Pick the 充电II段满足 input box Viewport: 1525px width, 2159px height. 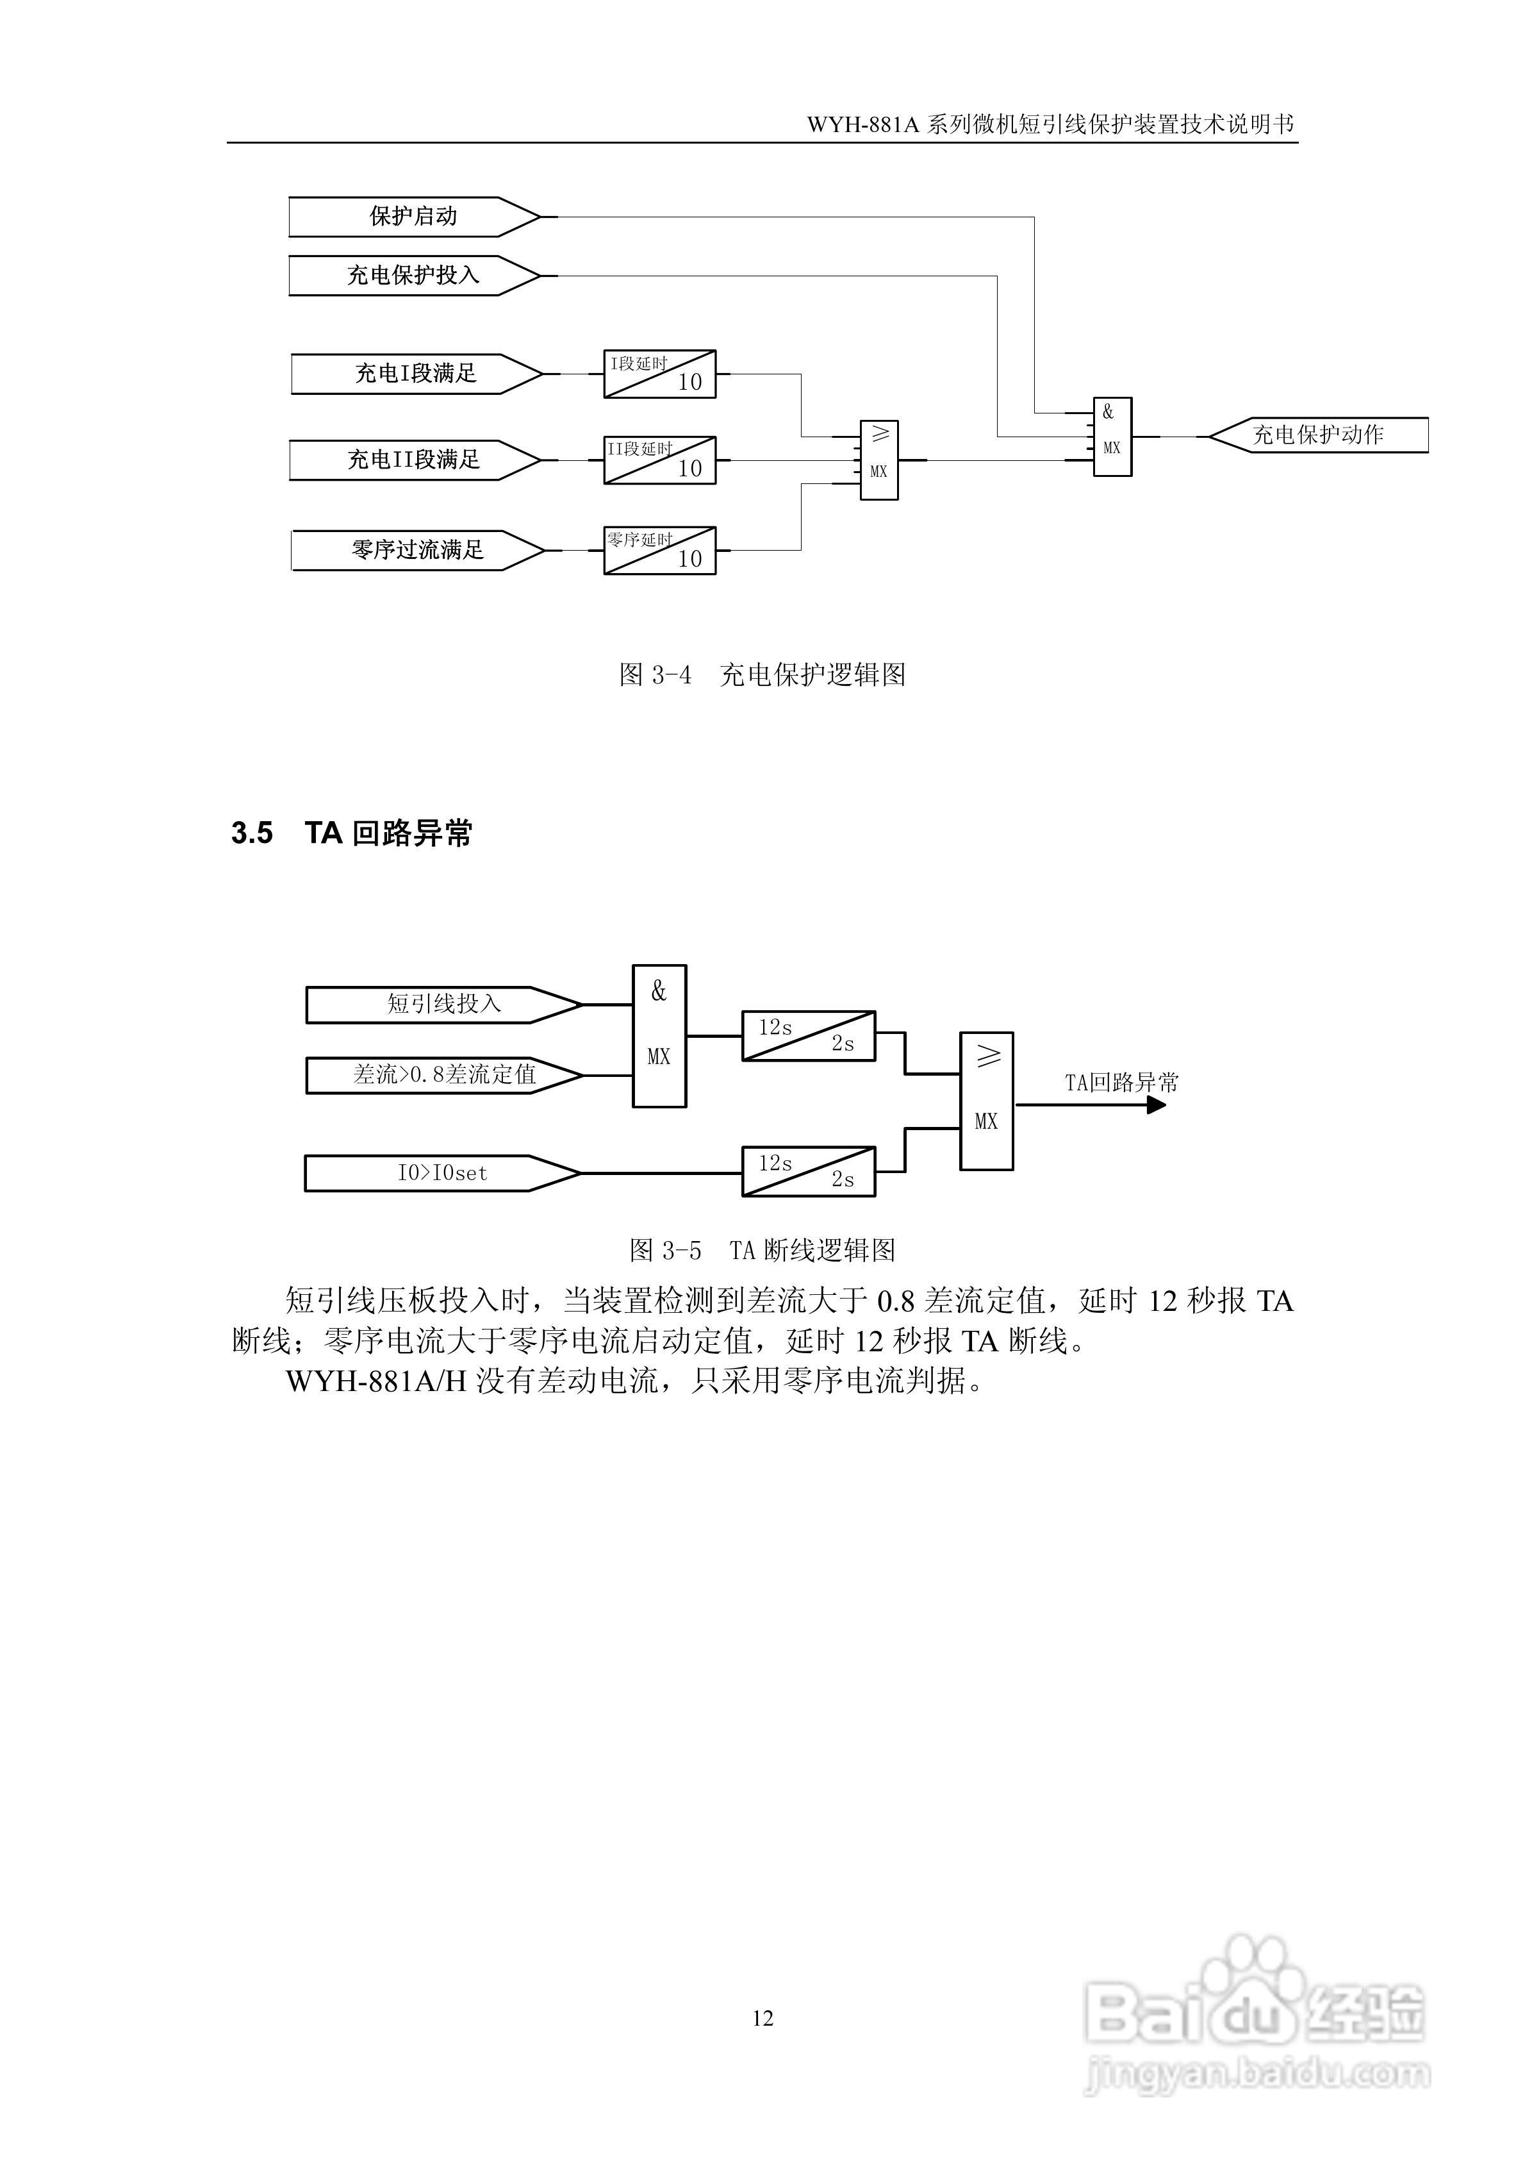coord(414,460)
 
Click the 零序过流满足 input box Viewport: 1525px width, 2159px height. coord(416,550)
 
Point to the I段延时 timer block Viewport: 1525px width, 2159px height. coord(659,374)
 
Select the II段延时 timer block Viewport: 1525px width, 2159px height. coord(659,460)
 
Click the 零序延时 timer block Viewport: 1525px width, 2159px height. coord(659,550)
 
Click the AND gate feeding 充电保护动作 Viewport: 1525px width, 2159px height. coord(1112,437)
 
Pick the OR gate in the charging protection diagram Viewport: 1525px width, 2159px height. coord(879,460)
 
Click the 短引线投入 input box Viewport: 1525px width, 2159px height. coord(443,1004)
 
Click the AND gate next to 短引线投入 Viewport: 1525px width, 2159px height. coord(659,1035)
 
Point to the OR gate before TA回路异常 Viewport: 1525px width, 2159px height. coord(986,1100)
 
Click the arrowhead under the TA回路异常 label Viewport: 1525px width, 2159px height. coord(1157,1105)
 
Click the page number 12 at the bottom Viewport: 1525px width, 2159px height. coord(763,2018)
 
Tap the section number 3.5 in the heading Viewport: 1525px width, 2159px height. coord(252,833)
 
